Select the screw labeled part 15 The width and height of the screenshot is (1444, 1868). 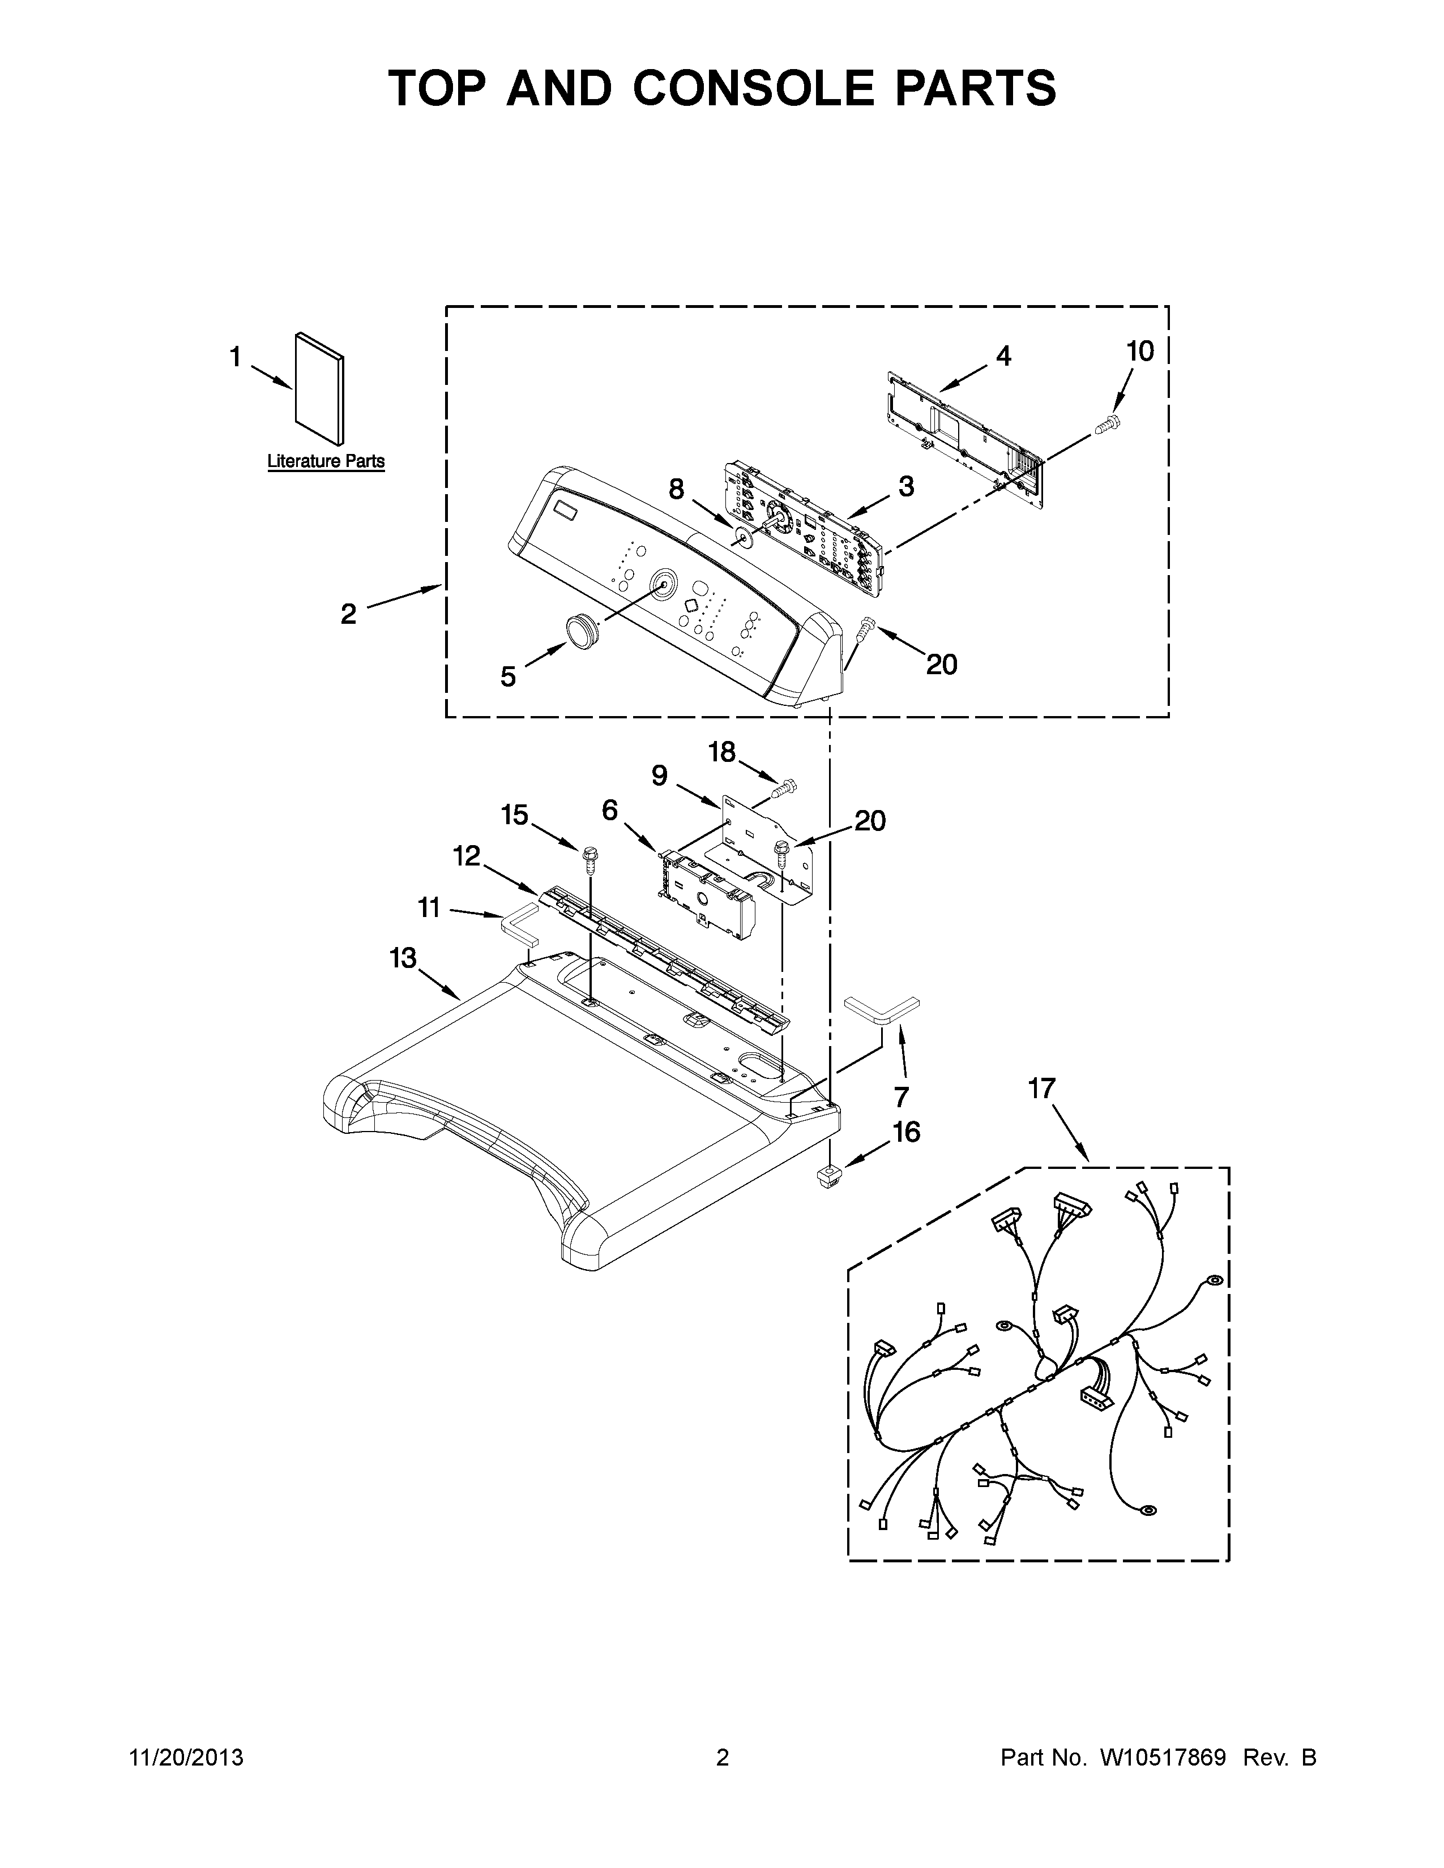point(589,856)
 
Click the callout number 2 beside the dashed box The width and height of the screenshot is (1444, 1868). point(348,613)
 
